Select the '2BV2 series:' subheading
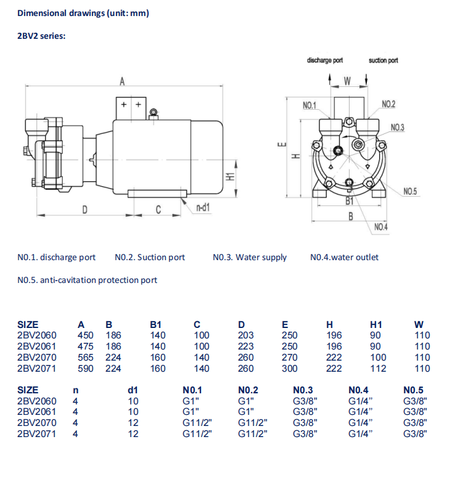tap(41, 36)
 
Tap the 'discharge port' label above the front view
tap(324, 60)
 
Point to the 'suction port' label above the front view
tap(383, 60)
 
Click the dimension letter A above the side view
tap(123, 81)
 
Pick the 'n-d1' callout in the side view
tap(203, 208)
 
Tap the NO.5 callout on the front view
tap(410, 192)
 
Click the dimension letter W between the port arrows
tap(347, 81)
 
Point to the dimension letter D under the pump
tap(85, 210)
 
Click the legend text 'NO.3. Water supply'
tap(250, 257)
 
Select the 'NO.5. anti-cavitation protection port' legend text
tap(87, 280)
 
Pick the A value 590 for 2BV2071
tap(85, 369)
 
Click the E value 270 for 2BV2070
tap(289, 358)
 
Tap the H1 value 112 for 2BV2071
tap(378, 369)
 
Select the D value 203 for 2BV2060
tap(245, 335)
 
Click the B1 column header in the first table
tap(157, 324)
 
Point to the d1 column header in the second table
tap(132, 390)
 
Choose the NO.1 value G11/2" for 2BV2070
tap(197, 423)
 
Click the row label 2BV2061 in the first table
tap(36, 346)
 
